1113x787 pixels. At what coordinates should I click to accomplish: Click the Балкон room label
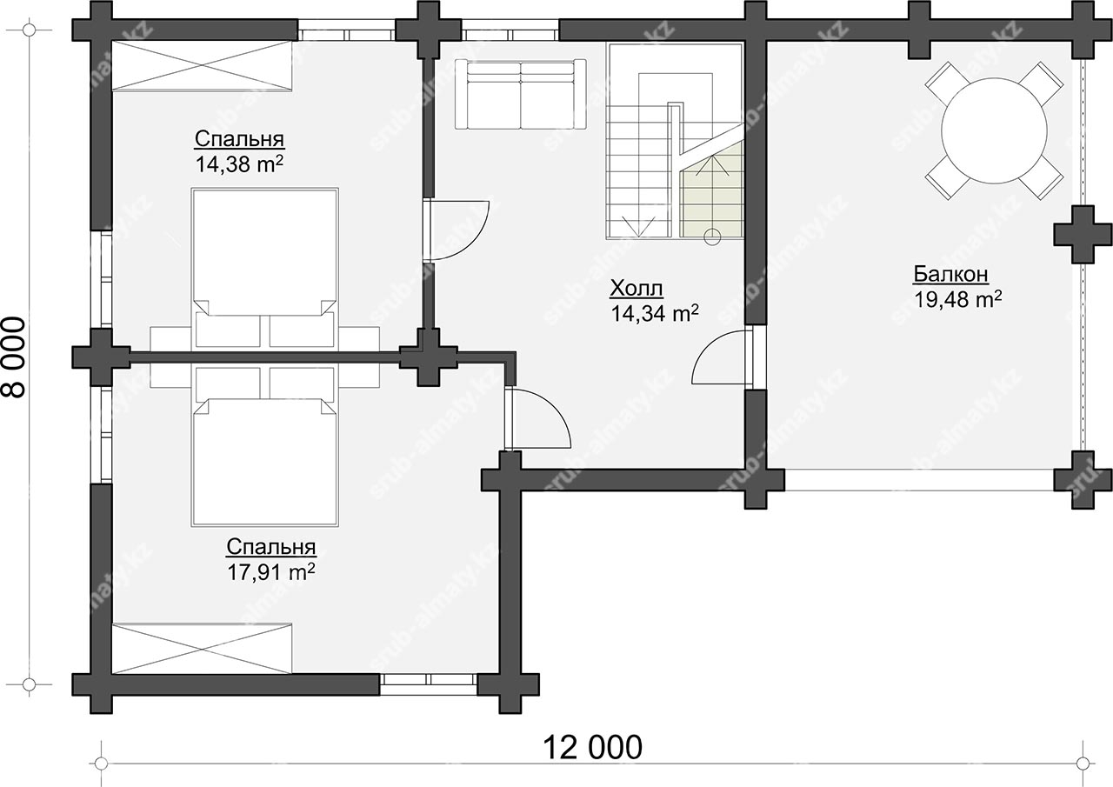tap(950, 274)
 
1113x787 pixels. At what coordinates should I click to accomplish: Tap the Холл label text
tap(636, 288)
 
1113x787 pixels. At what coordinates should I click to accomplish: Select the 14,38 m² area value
tap(239, 164)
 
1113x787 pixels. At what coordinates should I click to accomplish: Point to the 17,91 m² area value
tap(271, 572)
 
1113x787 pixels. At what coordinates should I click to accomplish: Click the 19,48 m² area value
tap(958, 300)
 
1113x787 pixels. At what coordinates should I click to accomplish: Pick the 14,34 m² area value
tap(655, 314)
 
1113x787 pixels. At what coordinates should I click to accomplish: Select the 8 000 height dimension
tap(14, 357)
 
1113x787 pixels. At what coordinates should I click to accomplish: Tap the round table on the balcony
tap(994, 130)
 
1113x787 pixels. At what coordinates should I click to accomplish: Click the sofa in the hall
tap(520, 94)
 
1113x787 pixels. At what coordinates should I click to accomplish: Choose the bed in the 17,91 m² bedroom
tap(265, 447)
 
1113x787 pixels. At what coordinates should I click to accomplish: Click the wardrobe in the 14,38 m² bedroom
tap(201, 66)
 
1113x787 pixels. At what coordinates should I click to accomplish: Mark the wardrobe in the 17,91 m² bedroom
tap(201, 649)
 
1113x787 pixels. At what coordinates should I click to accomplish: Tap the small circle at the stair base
tap(712, 237)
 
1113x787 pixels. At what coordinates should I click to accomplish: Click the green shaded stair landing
tap(711, 189)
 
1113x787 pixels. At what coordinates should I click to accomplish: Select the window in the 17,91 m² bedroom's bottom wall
tap(429, 684)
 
